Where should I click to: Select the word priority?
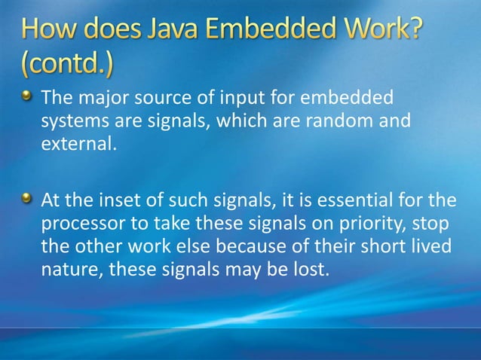coord(360,225)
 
